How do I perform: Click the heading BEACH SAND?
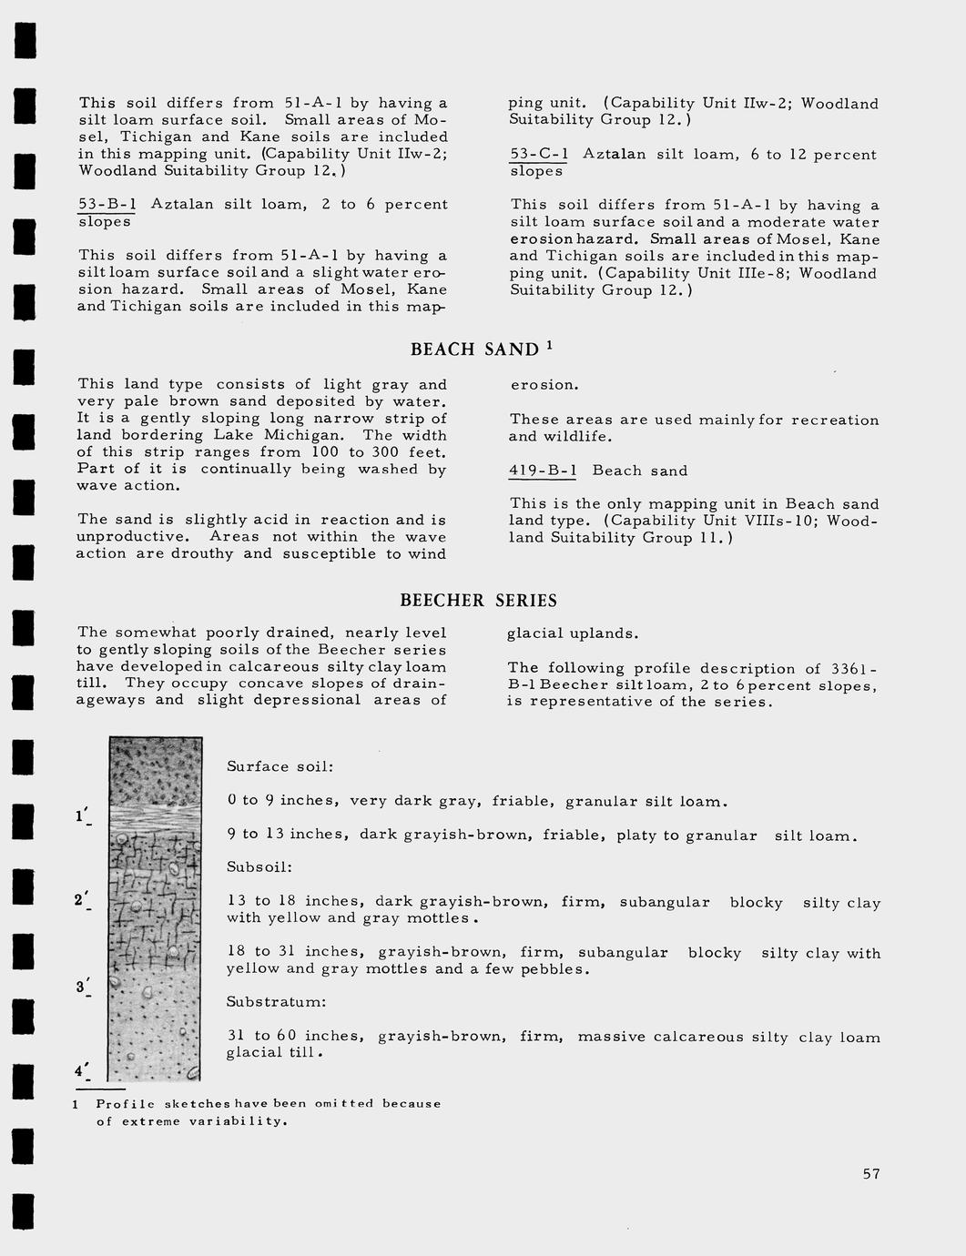point(474,349)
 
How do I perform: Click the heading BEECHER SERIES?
point(478,601)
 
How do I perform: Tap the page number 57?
point(871,1174)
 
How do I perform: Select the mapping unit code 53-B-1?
point(107,205)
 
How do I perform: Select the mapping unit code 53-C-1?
point(539,155)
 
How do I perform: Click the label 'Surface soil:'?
point(280,767)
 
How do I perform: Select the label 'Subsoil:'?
point(259,867)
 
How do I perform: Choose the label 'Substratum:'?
point(276,1002)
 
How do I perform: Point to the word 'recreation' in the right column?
point(835,420)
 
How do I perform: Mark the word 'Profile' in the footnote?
point(126,1104)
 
